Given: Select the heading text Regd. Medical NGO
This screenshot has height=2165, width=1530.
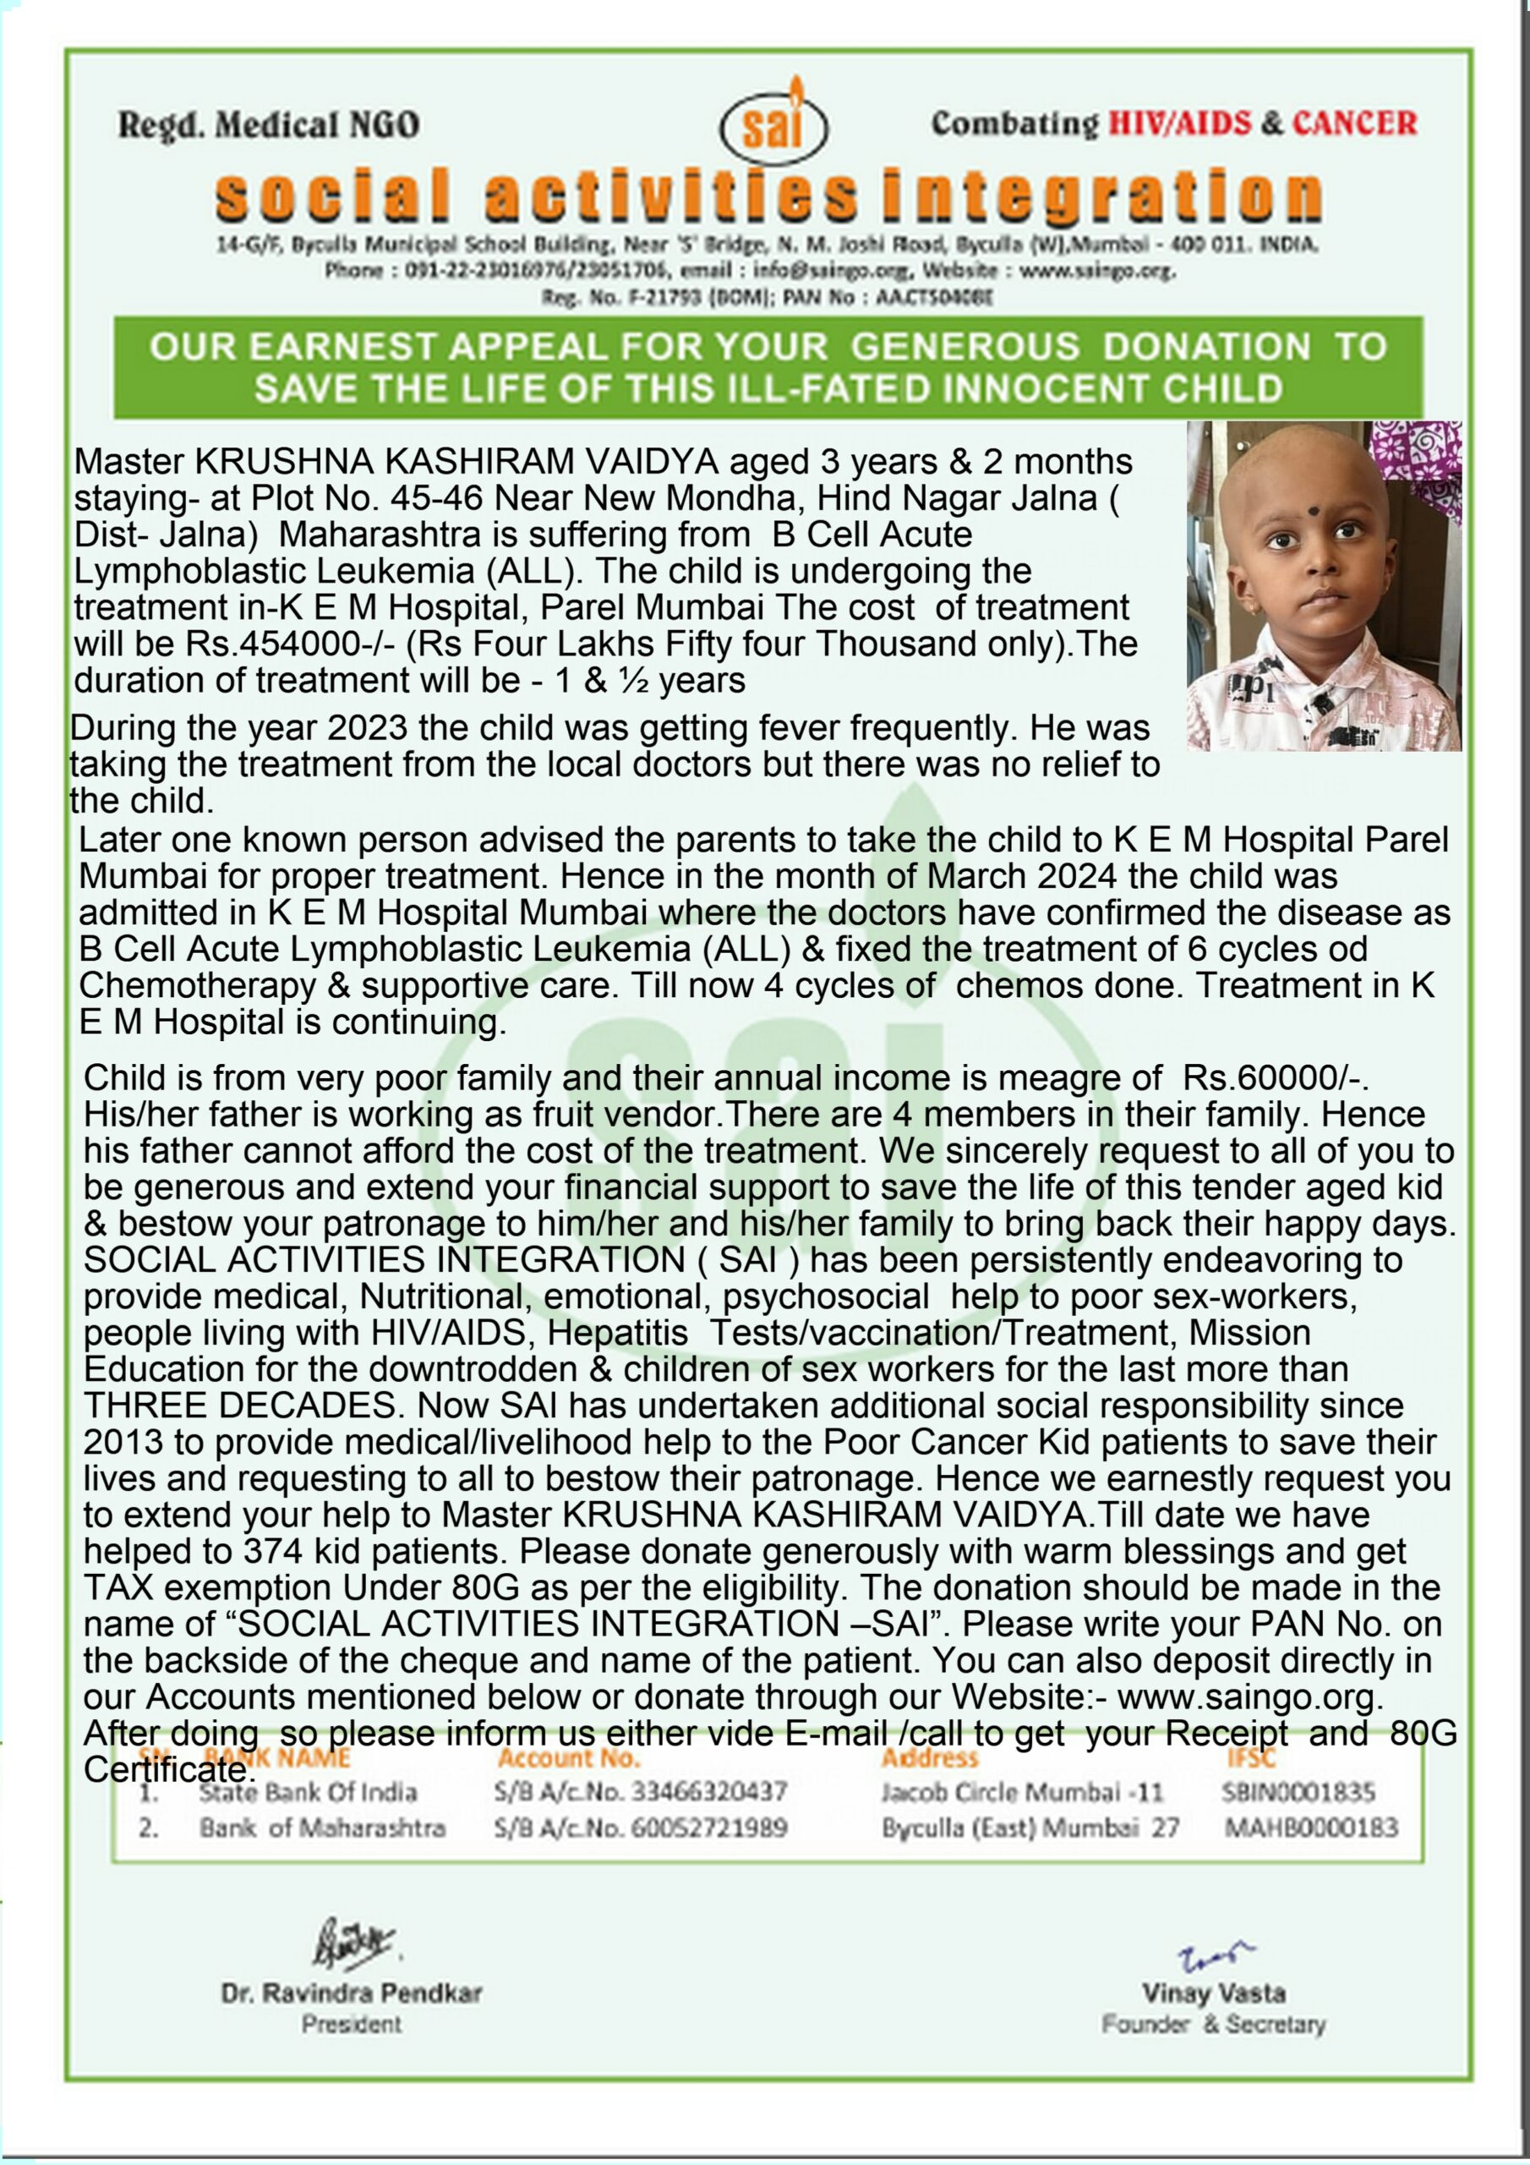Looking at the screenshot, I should [x=269, y=124].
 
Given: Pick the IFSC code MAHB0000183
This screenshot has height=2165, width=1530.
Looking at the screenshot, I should [x=1310, y=1828].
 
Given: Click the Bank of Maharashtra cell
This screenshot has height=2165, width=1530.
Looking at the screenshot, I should [x=321, y=1828].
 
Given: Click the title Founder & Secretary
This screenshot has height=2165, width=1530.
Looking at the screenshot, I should [x=1213, y=2025].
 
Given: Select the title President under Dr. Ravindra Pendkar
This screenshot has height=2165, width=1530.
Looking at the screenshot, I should [x=352, y=2025].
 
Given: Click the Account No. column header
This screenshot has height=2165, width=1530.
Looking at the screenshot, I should [x=568, y=1757].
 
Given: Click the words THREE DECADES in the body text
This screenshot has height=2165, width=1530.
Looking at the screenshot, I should [x=239, y=1406].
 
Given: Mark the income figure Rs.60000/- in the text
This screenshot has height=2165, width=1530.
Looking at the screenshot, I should [x=1276, y=1077].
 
